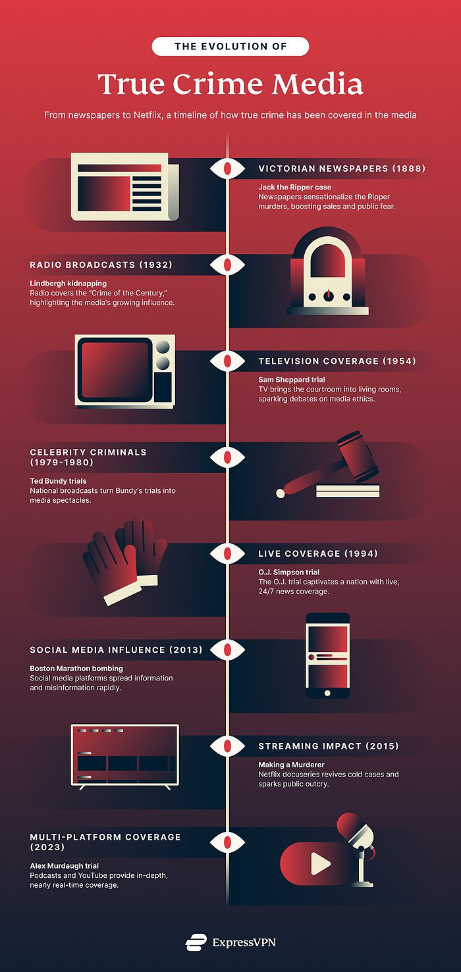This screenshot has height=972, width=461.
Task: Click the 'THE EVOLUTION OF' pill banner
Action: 230,46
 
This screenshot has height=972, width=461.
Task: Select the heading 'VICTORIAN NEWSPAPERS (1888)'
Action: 342,168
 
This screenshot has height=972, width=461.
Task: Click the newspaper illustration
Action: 124,186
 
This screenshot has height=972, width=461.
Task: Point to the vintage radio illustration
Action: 327,272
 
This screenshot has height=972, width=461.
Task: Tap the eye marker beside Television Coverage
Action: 227,361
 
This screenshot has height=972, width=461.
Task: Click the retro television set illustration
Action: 125,371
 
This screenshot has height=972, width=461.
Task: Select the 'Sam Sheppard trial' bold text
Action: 291,380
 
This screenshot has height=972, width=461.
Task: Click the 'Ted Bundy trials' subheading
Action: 58,481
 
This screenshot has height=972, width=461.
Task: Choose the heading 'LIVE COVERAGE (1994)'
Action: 317,553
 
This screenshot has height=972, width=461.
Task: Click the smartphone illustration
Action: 327,655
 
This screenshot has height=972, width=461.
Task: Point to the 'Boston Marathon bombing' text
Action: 76,669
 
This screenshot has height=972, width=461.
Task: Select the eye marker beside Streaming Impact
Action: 227,746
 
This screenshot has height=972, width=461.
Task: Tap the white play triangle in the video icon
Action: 320,864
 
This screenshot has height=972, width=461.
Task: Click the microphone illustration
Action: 359,846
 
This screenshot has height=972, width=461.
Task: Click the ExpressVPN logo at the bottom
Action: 230,942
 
